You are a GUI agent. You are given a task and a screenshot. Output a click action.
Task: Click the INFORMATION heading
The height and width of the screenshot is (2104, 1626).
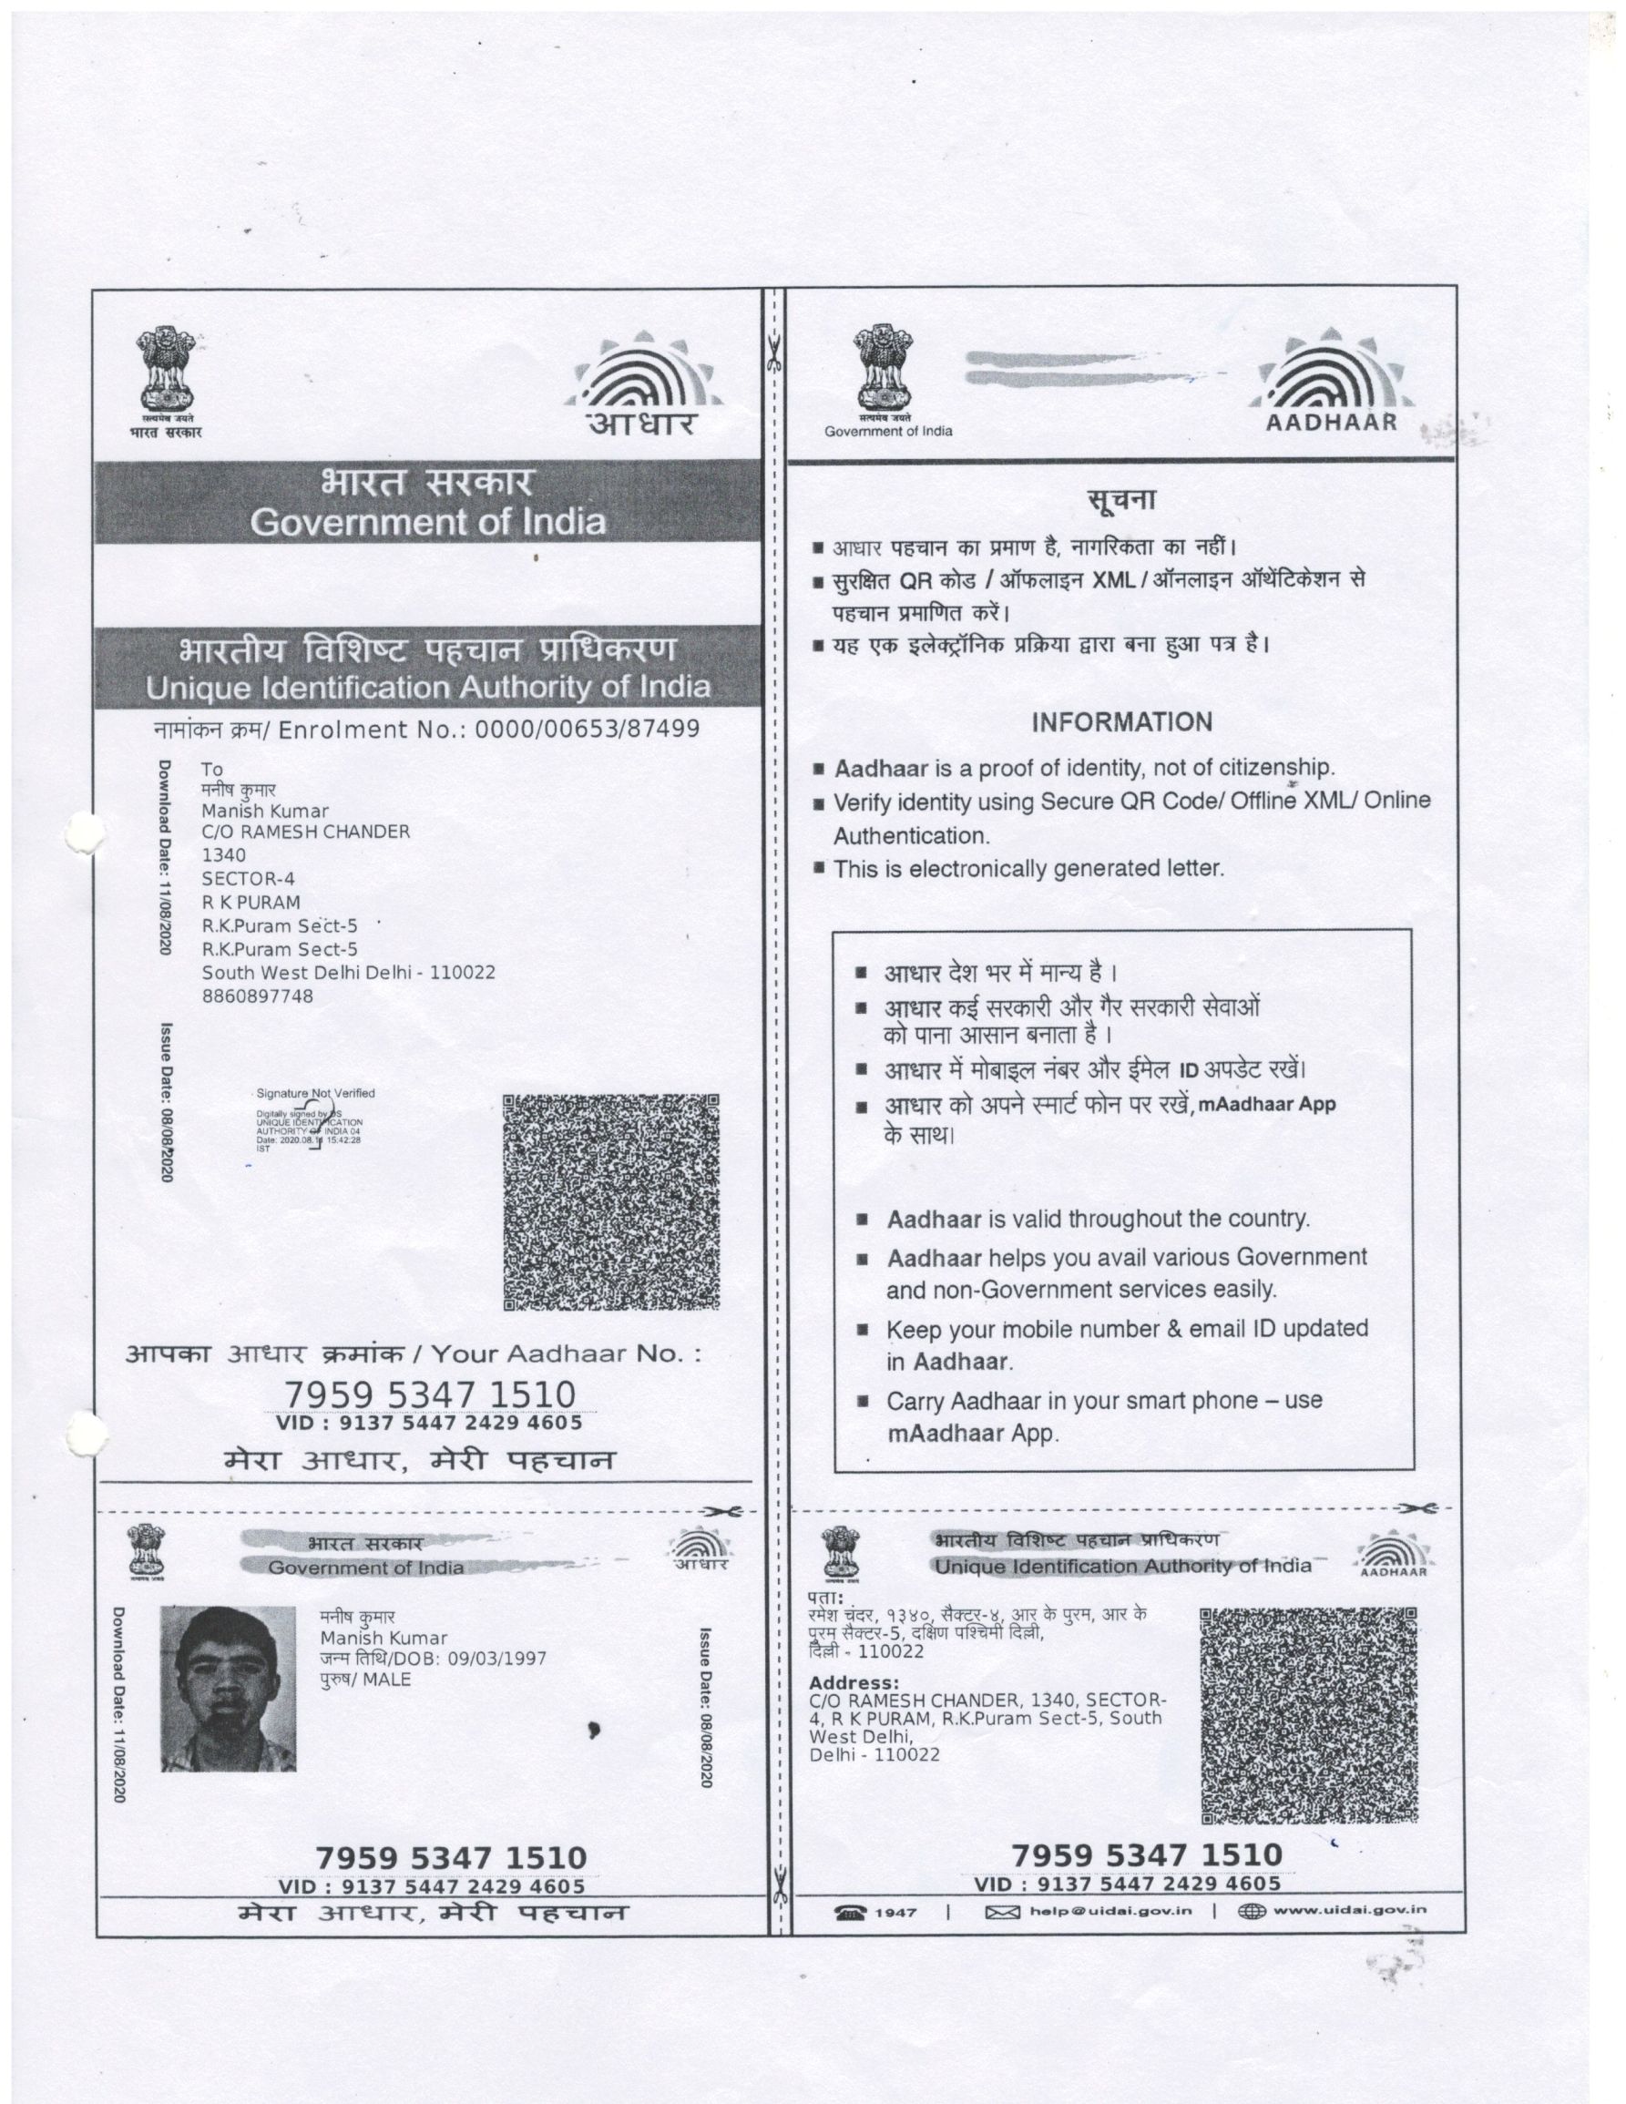(1121, 721)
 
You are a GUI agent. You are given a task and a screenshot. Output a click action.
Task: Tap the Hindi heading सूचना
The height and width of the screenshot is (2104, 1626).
(1121, 501)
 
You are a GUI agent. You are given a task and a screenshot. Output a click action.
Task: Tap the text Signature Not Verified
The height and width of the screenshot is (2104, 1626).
(315, 1093)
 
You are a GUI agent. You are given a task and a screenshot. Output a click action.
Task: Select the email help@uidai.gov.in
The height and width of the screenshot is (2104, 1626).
(1110, 1910)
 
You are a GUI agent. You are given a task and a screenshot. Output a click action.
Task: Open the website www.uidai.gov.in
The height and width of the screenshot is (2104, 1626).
(1350, 1910)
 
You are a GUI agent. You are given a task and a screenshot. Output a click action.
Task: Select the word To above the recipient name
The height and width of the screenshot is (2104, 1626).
(212, 769)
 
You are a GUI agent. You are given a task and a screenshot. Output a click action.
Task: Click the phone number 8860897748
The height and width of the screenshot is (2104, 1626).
(257, 996)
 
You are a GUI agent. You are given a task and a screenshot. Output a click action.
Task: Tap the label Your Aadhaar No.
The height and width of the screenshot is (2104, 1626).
(566, 1353)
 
